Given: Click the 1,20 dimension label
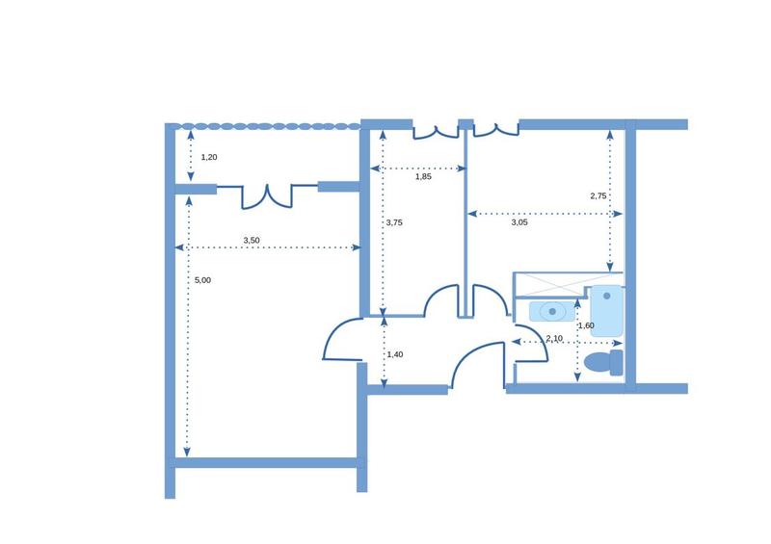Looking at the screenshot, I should [x=209, y=156].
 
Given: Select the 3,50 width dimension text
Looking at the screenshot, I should [x=251, y=240].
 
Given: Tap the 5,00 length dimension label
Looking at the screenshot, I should [x=202, y=280].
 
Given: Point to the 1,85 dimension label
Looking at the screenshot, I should [x=423, y=176].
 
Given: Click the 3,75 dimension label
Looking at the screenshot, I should [x=393, y=222].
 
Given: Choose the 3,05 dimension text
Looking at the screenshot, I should [x=518, y=222].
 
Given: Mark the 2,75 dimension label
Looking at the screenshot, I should [x=598, y=195].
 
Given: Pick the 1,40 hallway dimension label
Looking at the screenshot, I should [x=394, y=354].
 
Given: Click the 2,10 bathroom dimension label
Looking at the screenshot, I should [x=554, y=338].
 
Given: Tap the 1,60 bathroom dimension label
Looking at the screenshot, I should [x=586, y=325].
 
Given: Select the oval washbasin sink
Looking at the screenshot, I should [x=552, y=311].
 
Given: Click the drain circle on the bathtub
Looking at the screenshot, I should [x=606, y=297].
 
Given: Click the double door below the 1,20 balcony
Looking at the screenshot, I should [x=266, y=194].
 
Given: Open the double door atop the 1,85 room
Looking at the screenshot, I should [x=436, y=130].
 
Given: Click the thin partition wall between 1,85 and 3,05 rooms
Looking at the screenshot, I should [x=466, y=221].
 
